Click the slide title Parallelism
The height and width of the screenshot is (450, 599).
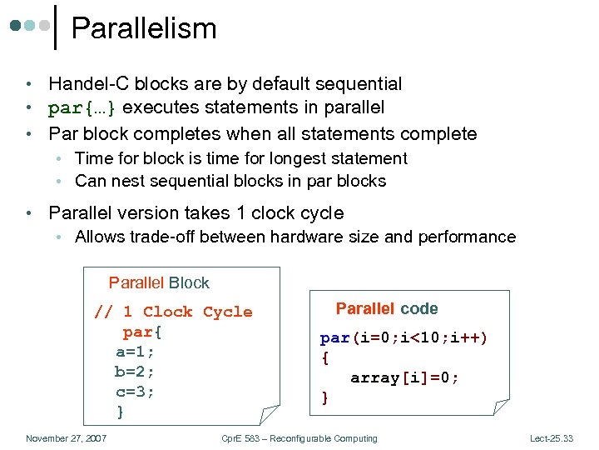[143, 28]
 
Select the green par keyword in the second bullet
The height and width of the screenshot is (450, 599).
[65, 108]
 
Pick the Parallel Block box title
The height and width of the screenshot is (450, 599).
[159, 283]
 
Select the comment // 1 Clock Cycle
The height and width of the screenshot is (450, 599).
[173, 312]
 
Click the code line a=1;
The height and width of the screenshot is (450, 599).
[135, 352]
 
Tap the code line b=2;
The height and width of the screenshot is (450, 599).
[135, 372]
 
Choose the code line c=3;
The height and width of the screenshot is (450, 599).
[135, 392]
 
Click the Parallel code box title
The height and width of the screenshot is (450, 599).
[386, 308]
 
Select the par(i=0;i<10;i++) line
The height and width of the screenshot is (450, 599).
[404, 337]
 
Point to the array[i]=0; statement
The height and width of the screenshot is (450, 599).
[404, 377]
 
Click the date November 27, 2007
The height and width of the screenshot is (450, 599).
[65, 438]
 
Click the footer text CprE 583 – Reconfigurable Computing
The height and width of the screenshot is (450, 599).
[299, 438]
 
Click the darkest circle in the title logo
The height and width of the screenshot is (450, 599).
[17, 26]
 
